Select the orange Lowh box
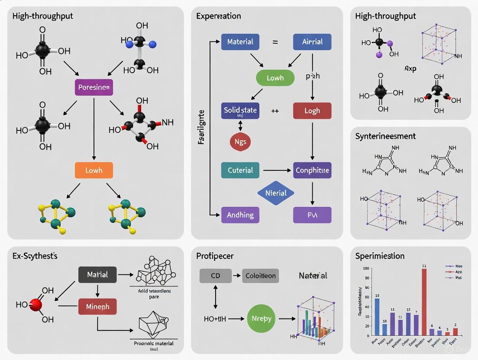click(94, 170)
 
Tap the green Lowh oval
click(275, 78)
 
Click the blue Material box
click(240, 42)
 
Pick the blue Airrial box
click(312, 42)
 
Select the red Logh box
click(312, 111)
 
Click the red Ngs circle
click(240, 141)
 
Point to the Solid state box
click(240, 111)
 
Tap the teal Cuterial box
click(240, 170)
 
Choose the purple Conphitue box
click(312, 170)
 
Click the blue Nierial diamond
click(276, 193)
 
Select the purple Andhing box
click(240, 215)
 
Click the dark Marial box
click(97, 275)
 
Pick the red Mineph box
click(97, 306)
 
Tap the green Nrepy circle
click(262, 318)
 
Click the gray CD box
click(215, 276)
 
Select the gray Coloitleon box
click(260, 276)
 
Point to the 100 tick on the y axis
click(366, 269)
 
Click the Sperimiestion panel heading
click(380, 256)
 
